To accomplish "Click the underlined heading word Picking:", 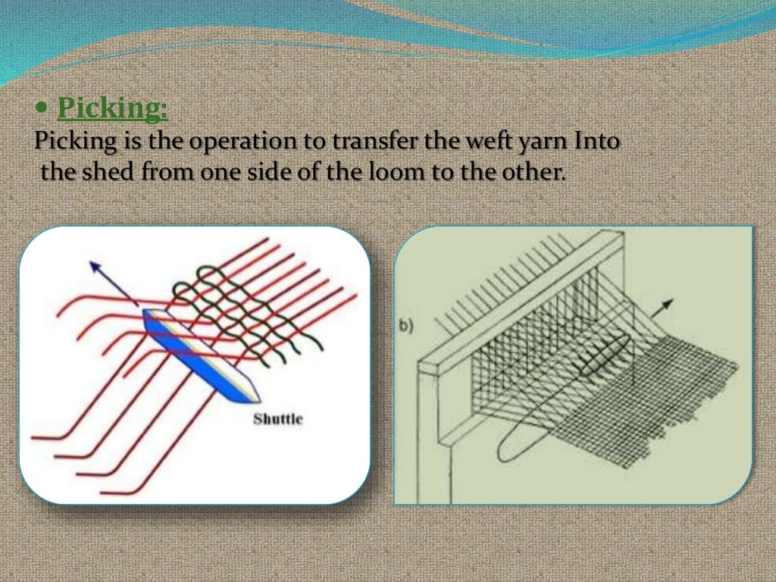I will pyautogui.click(x=113, y=109).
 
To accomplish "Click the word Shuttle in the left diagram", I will pyautogui.click(x=277, y=418).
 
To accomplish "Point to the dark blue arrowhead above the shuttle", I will pyautogui.click(x=95, y=267).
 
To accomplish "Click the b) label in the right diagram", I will pyautogui.click(x=407, y=326).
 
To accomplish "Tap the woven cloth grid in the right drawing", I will pyautogui.click(x=667, y=394).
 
